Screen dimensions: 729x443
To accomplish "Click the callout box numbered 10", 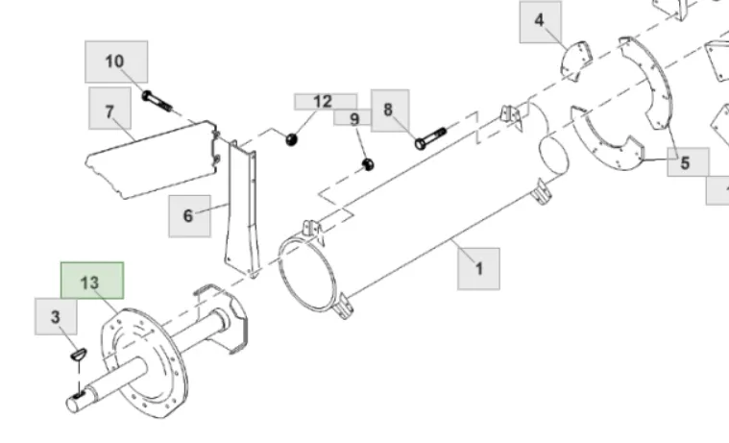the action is pyautogui.click(x=116, y=62).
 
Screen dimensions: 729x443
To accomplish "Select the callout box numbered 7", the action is pyautogui.click(x=109, y=108).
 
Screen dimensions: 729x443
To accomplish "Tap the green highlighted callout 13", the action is pyautogui.click(x=92, y=281).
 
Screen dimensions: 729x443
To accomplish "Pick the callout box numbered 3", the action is pyautogui.click(x=56, y=317).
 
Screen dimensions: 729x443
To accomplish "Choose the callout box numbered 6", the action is pyautogui.click(x=189, y=216).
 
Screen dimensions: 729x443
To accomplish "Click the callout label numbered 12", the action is pyautogui.click(x=326, y=102).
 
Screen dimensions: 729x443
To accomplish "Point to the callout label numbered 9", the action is pyautogui.click(x=352, y=118).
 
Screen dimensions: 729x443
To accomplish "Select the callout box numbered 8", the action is pyautogui.click(x=390, y=111).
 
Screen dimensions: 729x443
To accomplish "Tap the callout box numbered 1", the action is pyautogui.click(x=479, y=269).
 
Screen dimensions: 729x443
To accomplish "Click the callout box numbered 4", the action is pyautogui.click(x=540, y=22).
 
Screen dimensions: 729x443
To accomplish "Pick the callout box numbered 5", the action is pyautogui.click(x=688, y=162).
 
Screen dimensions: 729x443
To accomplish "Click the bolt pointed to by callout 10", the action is pyautogui.click(x=158, y=102).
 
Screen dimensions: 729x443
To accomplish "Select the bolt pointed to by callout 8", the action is pyautogui.click(x=430, y=138).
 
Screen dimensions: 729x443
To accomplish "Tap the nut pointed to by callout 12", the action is pyautogui.click(x=291, y=139).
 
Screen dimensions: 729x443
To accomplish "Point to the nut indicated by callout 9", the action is pyautogui.click(x=368, y=164).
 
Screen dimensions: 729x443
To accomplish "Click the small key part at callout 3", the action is pyautogui.click(x=79, y=354).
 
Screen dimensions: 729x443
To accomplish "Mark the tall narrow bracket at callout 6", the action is pyautogui.click(x=241, y=209).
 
